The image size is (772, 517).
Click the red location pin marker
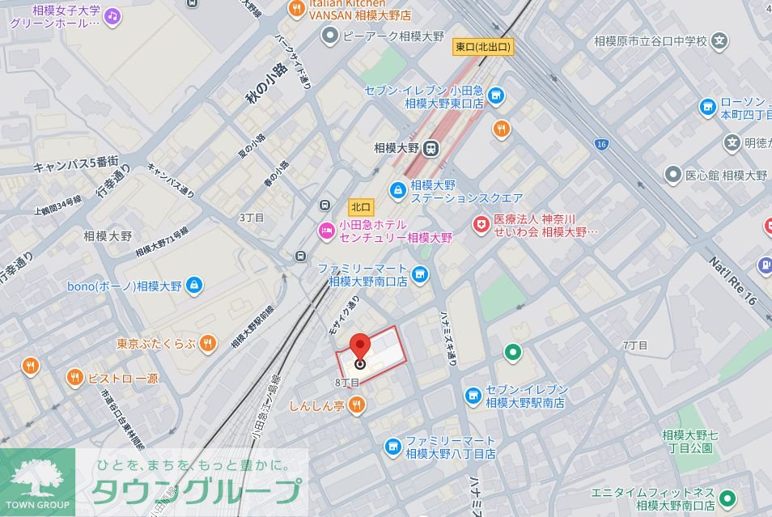click(x=360, y=346)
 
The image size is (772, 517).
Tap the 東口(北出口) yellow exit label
click(x=482, y=48)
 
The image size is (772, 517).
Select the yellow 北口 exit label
click(x=360, y=206)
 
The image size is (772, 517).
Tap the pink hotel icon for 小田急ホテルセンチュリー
click(x=326, y=231)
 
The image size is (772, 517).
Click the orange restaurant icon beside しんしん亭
click(x=357, y=405)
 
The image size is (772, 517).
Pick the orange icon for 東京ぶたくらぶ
click(x=208, y=342)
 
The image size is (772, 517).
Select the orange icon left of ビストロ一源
click(x=74, y=377)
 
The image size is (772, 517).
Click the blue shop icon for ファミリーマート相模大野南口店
click(x=419, y=273)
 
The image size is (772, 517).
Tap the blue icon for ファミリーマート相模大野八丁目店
click(x=392, y=447)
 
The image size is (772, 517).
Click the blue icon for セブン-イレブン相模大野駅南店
click(x=473, y=395)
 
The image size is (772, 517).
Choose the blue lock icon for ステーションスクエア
click(x=397, y=191)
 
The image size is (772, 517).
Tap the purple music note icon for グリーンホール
click(x=112, y=15)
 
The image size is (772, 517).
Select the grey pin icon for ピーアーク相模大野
click(x=329, y=36)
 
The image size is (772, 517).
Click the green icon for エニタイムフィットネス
click(x=727, y=498)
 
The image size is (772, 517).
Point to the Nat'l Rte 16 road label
click(x=732, y=279)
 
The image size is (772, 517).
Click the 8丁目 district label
click(x=346, y=382)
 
